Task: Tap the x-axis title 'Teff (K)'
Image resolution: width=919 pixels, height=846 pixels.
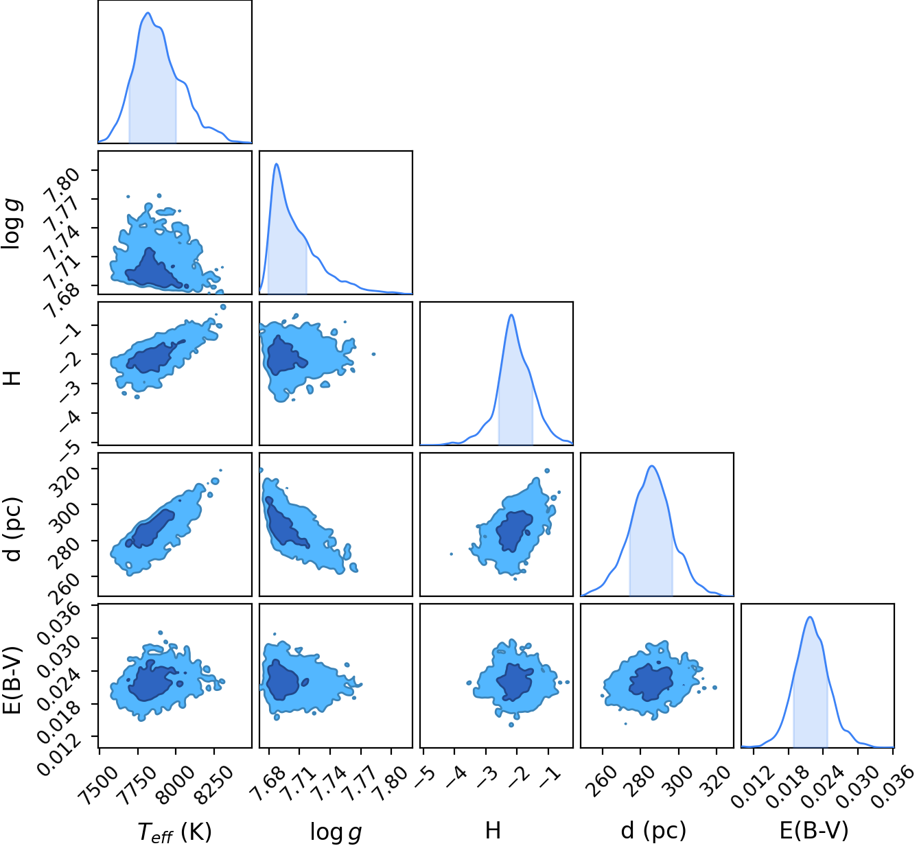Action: (174, 831)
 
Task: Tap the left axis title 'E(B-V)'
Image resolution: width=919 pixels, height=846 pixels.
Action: (13, 681)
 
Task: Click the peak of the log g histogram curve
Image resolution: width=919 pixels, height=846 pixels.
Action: (277, 163)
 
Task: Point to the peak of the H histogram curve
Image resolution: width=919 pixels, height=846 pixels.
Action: (511, 315)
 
